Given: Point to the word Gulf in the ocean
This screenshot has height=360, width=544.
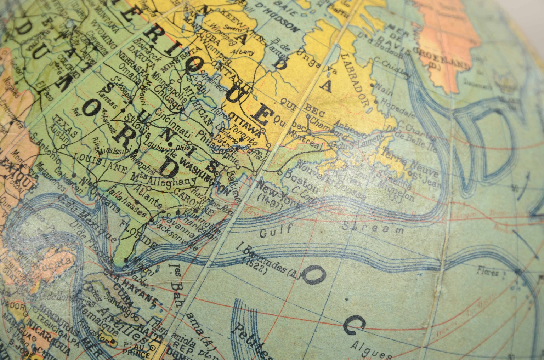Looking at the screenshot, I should click(276, 231).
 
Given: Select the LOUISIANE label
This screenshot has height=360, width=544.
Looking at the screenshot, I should click(101, 162).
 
